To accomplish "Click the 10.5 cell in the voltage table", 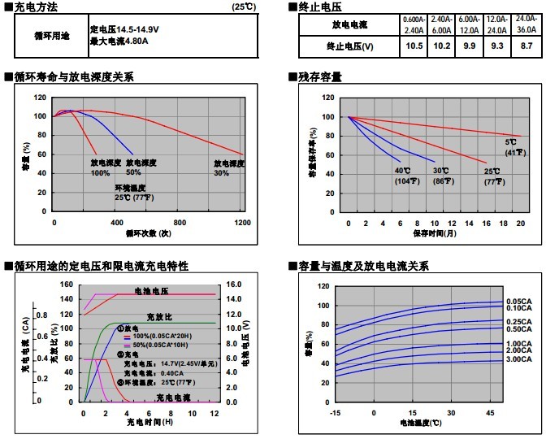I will tap(414, 46).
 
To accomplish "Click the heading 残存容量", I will tap(320, 77).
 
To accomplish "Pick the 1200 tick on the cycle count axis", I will tap(242, 222).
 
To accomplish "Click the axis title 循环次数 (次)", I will tap(148, 233).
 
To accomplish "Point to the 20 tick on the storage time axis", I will tap(521, 222).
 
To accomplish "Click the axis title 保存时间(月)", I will tap(434, 233).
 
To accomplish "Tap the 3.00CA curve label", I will tap(518, 359).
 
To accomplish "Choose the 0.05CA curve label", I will tap(518, 302).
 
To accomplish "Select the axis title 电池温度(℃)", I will tap(420, 424).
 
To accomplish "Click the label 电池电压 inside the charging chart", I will tap(151, 290).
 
